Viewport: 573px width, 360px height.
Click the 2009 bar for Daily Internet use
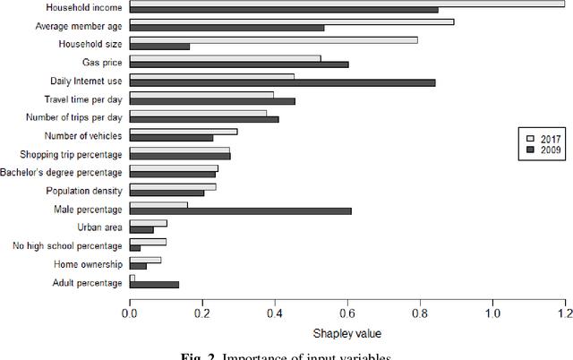(x=282, y=82)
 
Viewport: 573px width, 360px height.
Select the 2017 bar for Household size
(x=274, y=39)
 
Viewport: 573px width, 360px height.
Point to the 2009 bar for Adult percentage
(x=154, y=285)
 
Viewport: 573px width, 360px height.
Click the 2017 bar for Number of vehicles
(x=184, y=132)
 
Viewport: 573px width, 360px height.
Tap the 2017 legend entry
(x=543, y=137)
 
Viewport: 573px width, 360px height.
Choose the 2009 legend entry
(x=543, y=150)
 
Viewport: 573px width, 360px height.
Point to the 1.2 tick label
(x=565, y=315)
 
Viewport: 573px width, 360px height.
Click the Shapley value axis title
(x=346, y=334)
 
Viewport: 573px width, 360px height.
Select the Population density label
(x=83, y=191)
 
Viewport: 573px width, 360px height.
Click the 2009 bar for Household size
(x=159, y=46)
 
